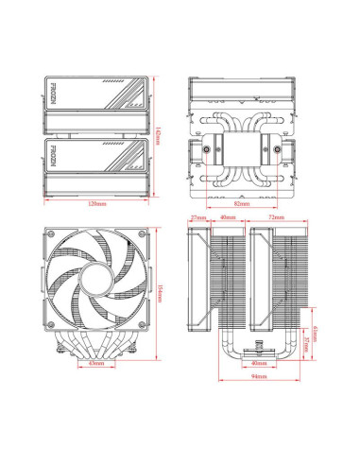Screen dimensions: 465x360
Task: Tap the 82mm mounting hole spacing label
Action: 241,203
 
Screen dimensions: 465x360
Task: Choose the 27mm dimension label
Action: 198,217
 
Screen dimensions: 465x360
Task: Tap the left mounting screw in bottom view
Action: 205,150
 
